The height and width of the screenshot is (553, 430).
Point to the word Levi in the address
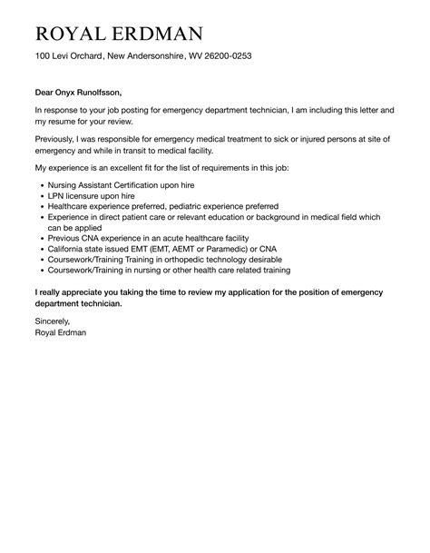[66, 56]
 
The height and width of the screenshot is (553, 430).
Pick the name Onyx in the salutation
[68, 92]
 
